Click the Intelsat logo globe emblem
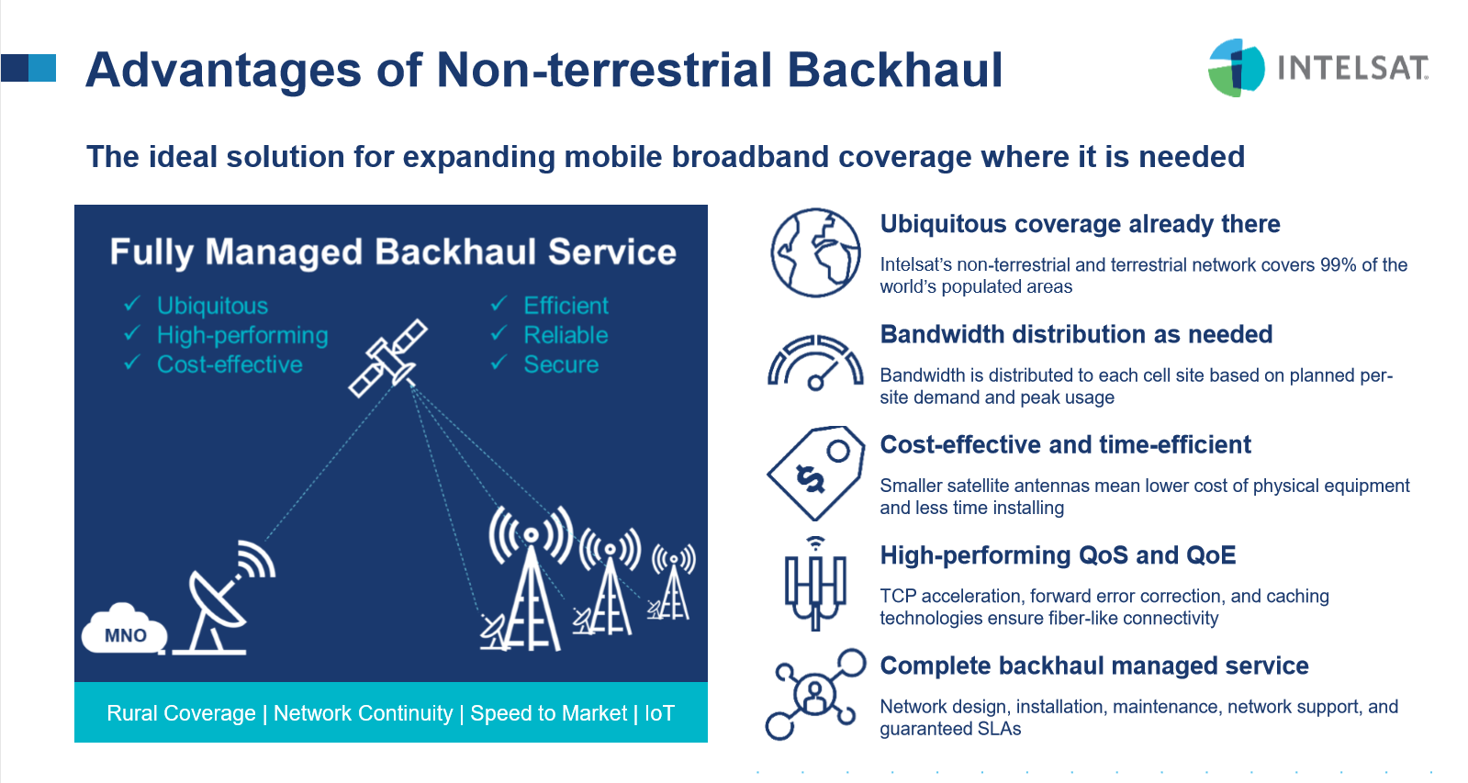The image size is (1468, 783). coord(1236,68)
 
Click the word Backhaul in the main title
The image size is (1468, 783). coord(894,70)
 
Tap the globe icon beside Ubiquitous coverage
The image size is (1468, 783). coord(815,252)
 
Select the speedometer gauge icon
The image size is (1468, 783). coord(815,363)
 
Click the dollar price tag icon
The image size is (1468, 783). coord(815,473)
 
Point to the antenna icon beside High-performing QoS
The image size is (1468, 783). coord(815,583)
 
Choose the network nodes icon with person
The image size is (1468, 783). coord(815,694)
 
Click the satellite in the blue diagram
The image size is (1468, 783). coord(388,358)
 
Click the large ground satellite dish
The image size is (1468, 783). coord(223,598)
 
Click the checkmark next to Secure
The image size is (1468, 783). coord(499,363)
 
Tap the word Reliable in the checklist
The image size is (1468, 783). coord(566,335)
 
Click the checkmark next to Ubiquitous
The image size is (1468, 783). coord(132,303)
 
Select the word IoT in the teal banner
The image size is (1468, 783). coord(659,713)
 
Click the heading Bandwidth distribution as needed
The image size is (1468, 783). coord(1076,334)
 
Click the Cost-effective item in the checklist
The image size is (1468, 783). coord(230,364)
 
